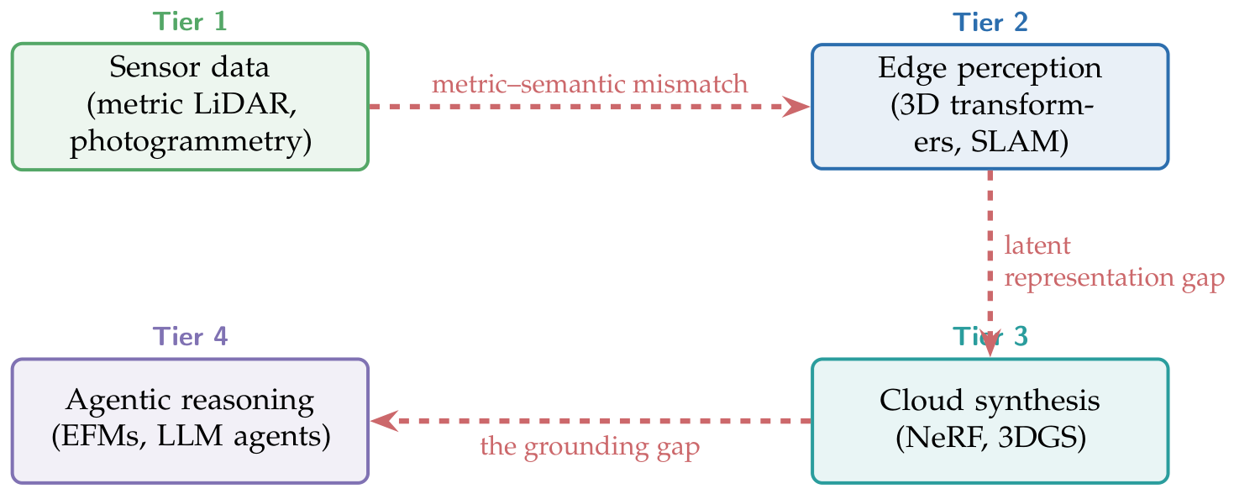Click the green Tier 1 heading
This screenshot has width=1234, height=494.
pyautogui.click(x=190, y=22)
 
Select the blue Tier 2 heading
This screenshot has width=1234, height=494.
pyautogui.click(x=990, y=23)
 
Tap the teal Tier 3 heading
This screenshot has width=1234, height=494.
pyautogui.click(x=990, y=336)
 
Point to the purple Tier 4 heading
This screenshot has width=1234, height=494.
pyautogui.click(x=190, y=336)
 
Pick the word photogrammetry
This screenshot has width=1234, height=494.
pyautogui.click(x=191, y=141)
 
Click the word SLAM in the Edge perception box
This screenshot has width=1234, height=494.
pyautogui.click(x=1019, y=141)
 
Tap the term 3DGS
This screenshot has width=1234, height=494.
pyautogui.click(x=1042, y=438)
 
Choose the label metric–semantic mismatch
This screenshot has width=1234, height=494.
pyautogui.click(x=590, y=84)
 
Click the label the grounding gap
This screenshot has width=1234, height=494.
pyautogui.click(x=590, y=446)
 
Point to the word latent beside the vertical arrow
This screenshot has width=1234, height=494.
pyautogui.click(x=1037, y=245)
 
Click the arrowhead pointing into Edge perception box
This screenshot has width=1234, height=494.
pyautogui.click(x=796, y=107)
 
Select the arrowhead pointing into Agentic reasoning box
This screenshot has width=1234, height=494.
pyautogui.click(x=385, y=421)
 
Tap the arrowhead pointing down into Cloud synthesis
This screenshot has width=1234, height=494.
pyautogui.click(x=990, y=344)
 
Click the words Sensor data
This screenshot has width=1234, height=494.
pyautogui.click(x=190, y=67)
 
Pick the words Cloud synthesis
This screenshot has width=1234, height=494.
pyautogui.click(x=990, y=401)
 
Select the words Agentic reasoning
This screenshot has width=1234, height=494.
pyautogui.click(x=190, y=401)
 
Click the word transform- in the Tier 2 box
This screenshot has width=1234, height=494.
pyautogui.click(x=1022, y=105)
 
